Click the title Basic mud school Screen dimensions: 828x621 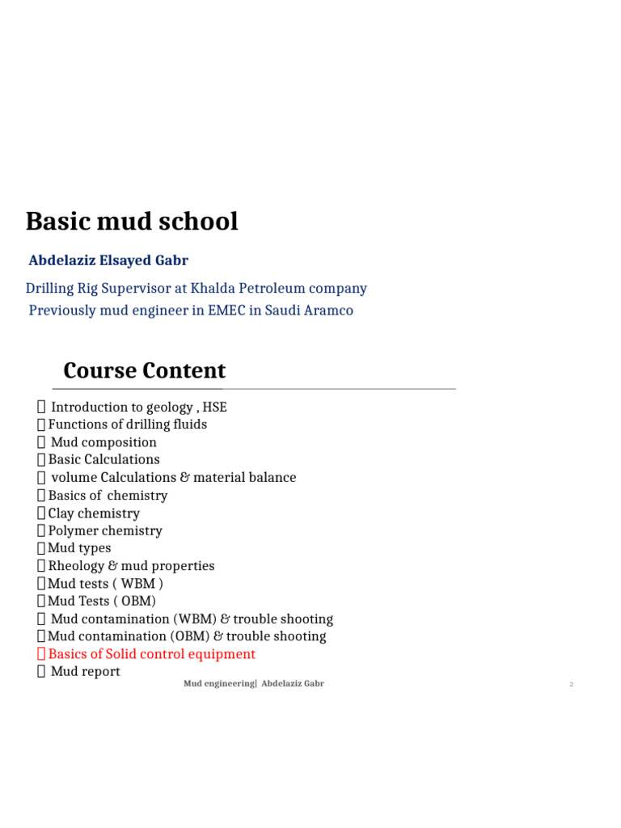pyautogui.click(x=132, y=222)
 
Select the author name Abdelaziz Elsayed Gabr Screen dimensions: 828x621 pyautogui.click(x=108, y=260)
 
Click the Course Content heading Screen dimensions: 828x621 pyautogui.click(x=144, y=371)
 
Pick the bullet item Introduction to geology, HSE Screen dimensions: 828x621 pyautogui.click(x=138, y=407)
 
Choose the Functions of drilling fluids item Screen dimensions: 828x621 pyautogui.click(x=127, y=425)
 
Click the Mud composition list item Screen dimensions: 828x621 pyautogui.click(x=103, y=442)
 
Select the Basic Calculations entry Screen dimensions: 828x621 pyautogui.click(x=103, y=459)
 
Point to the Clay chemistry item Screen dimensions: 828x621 pyautogui.click(x=94, y=513)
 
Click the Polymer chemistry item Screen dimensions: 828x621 pyautogui.click(x=105, y=530)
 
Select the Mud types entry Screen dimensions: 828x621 pyautogui.click(x=79, y=548)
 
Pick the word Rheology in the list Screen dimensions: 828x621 pyautogui.click(x=76, y=566)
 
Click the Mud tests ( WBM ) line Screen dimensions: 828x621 pyautogui.click(x=105, y=584)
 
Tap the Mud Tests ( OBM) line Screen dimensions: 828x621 pyautogui.click(x=102, y=601)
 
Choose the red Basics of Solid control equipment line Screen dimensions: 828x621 pyautogui.click(x=151, y=654)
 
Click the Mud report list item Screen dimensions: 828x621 pyautogui.click(x=85, y=671)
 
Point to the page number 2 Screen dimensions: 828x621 pyautogui.click(x=571, y=685)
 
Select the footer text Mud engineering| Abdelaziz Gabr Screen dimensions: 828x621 pyautogui.click(x=253, y=684)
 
